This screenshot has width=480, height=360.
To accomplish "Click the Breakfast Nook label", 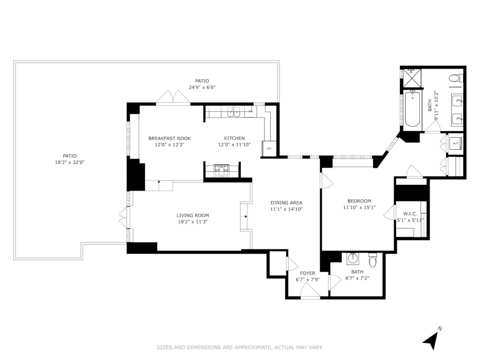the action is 169,138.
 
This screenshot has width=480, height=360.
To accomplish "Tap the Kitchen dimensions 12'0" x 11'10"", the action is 234,145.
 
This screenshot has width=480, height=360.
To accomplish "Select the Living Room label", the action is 192,216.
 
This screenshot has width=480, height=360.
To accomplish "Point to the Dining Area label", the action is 286,203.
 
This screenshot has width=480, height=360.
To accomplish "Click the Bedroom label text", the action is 359,201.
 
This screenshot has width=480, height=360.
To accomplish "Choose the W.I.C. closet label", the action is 410,214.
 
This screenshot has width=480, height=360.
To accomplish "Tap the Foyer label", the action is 307,274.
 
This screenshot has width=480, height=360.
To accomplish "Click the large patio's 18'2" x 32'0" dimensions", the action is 70,162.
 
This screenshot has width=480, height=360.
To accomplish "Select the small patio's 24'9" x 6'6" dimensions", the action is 202,87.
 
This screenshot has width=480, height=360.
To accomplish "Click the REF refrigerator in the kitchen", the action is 269,148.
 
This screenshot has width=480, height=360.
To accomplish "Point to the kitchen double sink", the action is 235,112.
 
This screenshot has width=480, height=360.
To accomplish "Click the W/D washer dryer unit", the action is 456,143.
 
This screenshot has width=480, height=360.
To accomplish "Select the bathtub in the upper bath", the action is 412,109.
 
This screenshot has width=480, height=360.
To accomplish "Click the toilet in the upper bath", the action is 456,78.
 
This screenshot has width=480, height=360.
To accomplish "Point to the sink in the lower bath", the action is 353,258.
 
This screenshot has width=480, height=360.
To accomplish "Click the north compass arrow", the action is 432,339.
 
